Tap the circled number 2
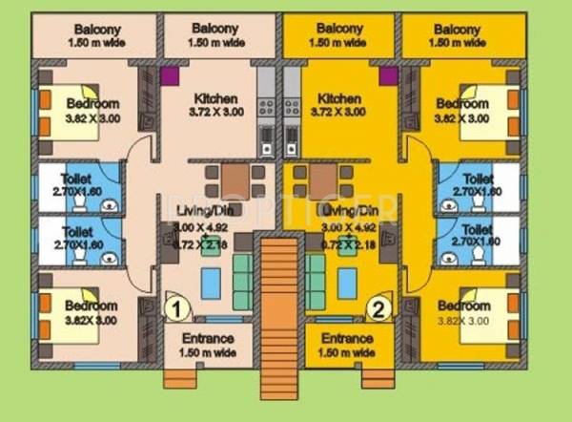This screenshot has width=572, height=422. coord(379,307)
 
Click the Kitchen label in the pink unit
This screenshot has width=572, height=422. coord(215,98)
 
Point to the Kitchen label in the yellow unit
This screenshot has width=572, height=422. coord(338,98)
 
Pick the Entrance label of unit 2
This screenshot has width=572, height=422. coord(347,339)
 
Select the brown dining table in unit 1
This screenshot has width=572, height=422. coord(235,178)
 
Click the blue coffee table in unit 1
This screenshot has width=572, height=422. coord(211,280)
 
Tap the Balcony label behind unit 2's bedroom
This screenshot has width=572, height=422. coord(464,28)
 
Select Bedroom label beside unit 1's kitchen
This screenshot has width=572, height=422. coord(92,103)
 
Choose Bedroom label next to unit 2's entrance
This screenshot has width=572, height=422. coord(464,306)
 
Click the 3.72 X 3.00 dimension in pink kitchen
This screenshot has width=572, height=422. coord(215,113)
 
